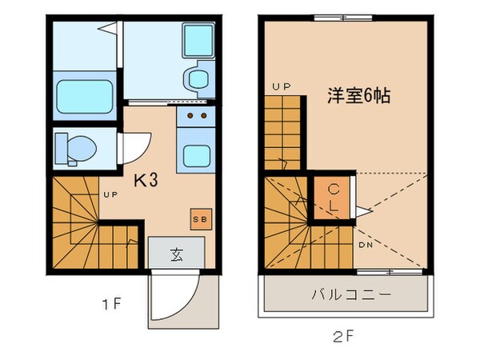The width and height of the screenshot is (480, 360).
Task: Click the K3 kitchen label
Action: point(146,180)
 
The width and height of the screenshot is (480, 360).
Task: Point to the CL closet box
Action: point(331,196)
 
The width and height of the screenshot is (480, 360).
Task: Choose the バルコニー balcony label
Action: point(351,294)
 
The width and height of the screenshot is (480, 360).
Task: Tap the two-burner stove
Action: point(195,119)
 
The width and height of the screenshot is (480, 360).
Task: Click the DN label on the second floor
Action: point(366,244)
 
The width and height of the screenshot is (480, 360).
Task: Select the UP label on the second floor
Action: point(280,86)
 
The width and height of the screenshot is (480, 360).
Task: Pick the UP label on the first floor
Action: point(110,194)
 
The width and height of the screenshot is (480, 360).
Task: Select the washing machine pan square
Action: point(196,41)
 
